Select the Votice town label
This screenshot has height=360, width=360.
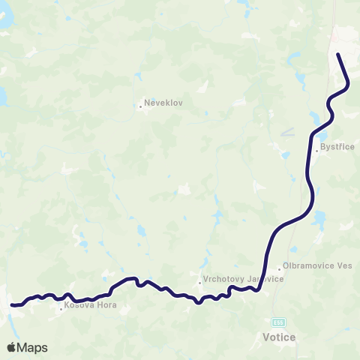(x=279, y=337)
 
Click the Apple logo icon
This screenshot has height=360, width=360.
(x=12, y=347)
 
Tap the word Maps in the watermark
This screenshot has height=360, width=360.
(x=33, y=347)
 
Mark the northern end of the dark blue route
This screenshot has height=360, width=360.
(x=338, y=55)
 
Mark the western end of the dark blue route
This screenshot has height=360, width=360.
(x=12, y=305)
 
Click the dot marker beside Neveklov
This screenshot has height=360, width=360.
(x=140, y=106)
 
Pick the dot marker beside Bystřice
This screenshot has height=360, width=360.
(x=317, y=151)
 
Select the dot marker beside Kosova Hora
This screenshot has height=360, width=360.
(x=61, y=307)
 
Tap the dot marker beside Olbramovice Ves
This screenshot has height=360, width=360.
(x=278, y=268)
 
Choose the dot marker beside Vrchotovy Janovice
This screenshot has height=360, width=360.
(x=199, y=283)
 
